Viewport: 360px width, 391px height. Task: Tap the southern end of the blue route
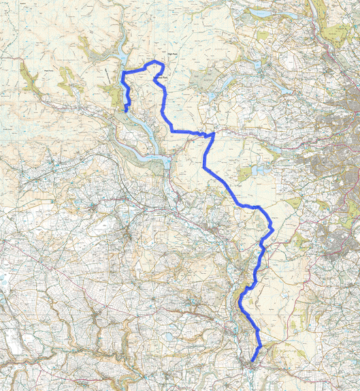[252, 360]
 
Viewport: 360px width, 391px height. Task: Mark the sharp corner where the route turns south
[213, 134]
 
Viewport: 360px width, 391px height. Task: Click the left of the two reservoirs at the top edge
[261, 13]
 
